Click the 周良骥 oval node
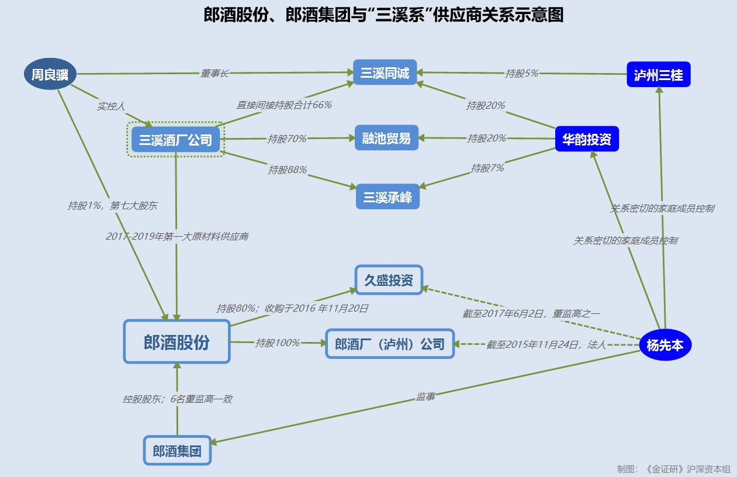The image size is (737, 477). tap(50, 74)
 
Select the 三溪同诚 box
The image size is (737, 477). tap(385, 73)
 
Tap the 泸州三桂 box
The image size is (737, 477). tap(658, 75)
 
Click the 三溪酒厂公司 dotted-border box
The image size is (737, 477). tap(175, 140)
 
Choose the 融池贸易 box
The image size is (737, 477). tap(386, 139)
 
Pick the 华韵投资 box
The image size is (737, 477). tap(586, 139)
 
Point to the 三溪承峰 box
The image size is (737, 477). tap(387, 197)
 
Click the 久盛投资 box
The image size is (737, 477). tap(389, 280)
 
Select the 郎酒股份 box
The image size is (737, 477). tap(177, 342)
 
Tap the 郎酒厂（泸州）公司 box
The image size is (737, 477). tap(390, 344)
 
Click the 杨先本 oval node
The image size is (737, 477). tap(665, 345)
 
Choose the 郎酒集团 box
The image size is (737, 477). tap(177, 451)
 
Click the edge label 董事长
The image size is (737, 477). tap(214, 74)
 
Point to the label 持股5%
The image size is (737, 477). tap(521, 74)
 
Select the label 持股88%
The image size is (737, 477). tap(288, 170)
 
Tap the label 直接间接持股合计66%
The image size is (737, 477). tap(284, 105)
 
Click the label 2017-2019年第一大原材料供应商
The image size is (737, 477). tap(177, 237)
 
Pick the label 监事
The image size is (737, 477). tap(425, 397)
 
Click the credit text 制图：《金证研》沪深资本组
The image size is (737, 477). tap(673, 469)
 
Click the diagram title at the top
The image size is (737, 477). tap(383, 15)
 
